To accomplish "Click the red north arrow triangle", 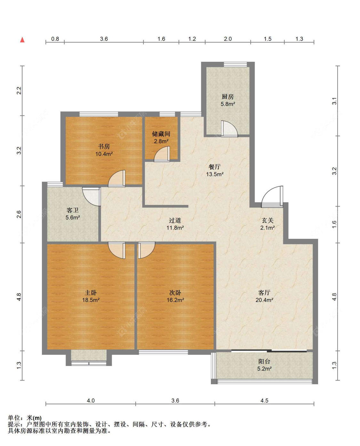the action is (x=22, y=40).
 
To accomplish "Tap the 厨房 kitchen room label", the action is (x=228, y=96).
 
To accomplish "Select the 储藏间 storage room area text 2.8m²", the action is (x=161, y=141).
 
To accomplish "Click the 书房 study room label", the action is (x=104, y=146).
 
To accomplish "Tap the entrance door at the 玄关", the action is (x=272, y=197).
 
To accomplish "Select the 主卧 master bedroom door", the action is (x=116, y=250).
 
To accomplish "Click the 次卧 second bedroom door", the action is (x=147, y=250).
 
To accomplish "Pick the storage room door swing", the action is (x=162, y=154).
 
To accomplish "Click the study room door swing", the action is (x=116, y=178).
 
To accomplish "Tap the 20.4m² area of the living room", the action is (x=264, y=300).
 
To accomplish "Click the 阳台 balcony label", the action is (x=264, y=361).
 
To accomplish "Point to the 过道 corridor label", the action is (x=175, y=220).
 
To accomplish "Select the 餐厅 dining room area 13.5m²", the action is (x=215, y=174).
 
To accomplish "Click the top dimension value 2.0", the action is (x=228, y=39).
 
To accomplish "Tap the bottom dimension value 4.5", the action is (x=264, y=401).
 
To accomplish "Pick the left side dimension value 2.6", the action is (x=19, y=214).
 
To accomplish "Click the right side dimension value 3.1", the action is (x=334, y=101).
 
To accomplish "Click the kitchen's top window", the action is (x=235, y=64).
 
